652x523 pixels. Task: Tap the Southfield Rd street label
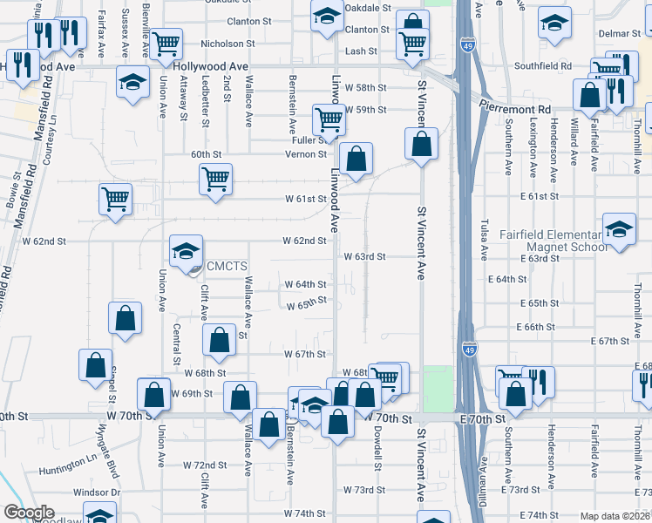point(542,65)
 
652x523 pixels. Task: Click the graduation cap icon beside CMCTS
point(185,252)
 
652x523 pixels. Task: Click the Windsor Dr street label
point(91,492)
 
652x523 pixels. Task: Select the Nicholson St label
point(227,43)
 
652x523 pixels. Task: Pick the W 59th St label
point(364,110)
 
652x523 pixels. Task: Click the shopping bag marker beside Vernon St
point(356,159)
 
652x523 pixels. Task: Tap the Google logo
point(28,513)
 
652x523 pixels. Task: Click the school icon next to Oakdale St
point(328,17)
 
